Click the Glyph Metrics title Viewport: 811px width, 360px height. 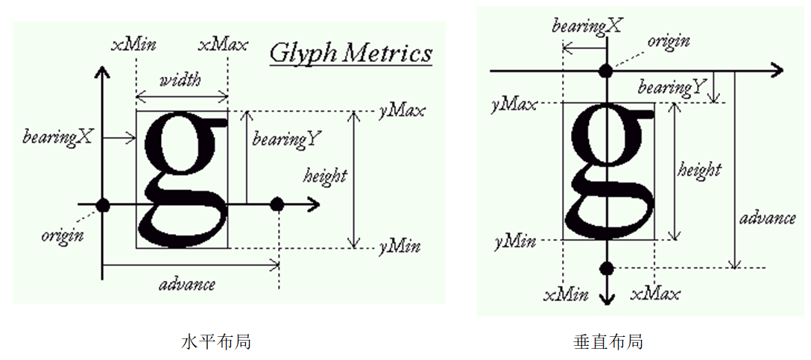click(x=350, y=53)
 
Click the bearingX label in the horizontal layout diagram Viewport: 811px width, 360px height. click(x=58, y=137)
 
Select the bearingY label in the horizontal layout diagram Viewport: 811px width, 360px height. click(x=287, y=139)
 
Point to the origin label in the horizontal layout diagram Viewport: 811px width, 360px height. click(x=63, y=236)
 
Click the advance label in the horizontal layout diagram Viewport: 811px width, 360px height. click(x=187, y=284)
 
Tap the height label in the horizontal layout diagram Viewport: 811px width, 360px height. click(x=325, y=176)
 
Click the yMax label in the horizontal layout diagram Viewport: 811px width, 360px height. click(x=402, y=111)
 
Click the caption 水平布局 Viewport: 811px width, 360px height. click(x=216, y=342)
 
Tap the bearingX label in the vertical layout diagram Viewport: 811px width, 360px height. click(x=587, y=26)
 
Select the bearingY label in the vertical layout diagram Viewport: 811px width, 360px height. click(x=672, y=88)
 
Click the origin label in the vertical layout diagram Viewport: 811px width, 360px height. click(x=668, y=42)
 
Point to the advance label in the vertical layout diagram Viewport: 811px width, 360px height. click(x=768, y=218)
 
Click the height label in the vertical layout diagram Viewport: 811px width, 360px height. click(x=699, y=170)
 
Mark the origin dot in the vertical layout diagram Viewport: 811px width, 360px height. click(x=607, y=71)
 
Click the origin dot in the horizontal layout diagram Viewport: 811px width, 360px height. click(x=103, y=204)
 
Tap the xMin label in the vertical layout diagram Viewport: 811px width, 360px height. click(x=566, y=294)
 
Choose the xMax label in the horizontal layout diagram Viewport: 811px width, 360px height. click(x=223, y=44)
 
